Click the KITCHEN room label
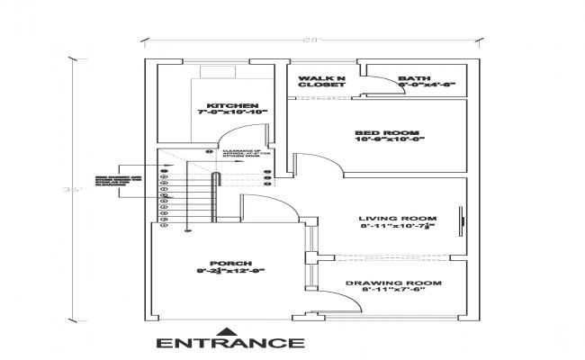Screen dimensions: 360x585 [x=220, y=105]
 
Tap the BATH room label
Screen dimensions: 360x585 [x=414, y=78]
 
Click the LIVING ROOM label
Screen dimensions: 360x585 [x=397, y=219]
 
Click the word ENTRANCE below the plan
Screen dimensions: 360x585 [x=230, y=342]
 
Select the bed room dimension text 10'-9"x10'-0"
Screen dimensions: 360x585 [x=390, y=139]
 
